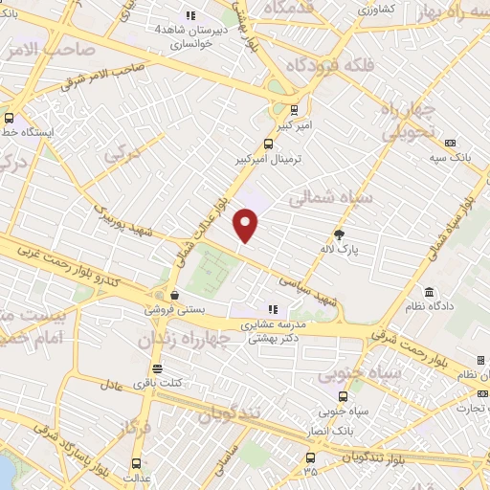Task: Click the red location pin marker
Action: coord(247,225)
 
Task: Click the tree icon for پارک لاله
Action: coord(338,234)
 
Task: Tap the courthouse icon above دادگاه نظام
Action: coord(427,291)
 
